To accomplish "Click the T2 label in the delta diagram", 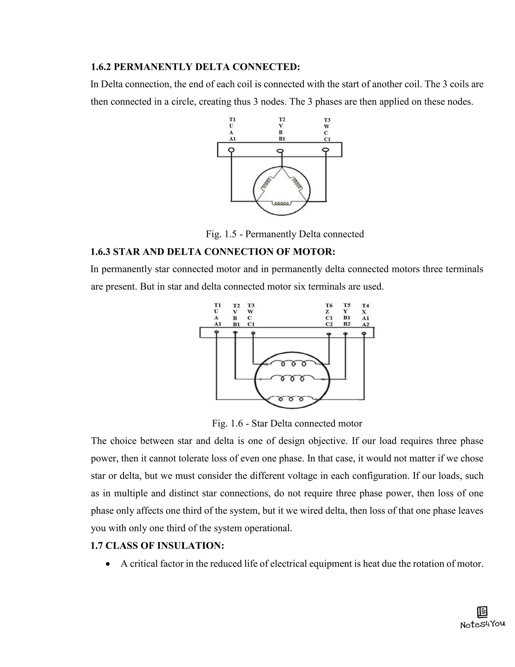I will tap(282, 119).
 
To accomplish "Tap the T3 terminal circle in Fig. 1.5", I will tap(326, 150).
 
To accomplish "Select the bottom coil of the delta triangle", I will tap(282, 203).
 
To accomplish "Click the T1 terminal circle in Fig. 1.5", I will tap(231, 150).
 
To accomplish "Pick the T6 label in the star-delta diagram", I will tap(329, 305).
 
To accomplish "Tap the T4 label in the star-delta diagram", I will tap(365, 305).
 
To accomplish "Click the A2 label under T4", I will tap(365, 324).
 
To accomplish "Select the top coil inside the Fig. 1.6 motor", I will tap(293, 363).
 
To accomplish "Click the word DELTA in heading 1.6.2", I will tap(212, 67).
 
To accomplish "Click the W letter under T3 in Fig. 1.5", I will tap(326, 126).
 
